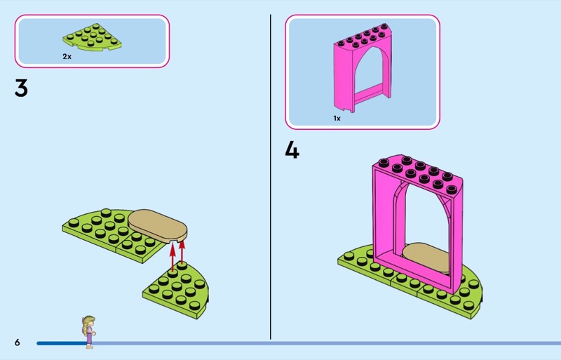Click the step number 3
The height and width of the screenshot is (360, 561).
coord(21,88)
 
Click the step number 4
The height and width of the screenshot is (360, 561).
coord(292,149)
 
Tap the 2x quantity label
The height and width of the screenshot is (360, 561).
coord(67,56)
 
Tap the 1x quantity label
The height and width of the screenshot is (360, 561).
coord(337,118)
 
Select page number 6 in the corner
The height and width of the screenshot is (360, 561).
coord(18,342)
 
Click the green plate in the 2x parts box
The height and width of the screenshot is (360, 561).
coord(93,36)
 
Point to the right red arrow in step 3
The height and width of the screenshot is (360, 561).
coord(182,253)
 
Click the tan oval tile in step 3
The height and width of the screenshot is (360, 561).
coord(157,226)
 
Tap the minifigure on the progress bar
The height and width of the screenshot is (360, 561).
coord(89,332)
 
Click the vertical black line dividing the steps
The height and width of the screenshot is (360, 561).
coord(271,177)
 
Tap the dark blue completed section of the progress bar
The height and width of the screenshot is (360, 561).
coord(62,343)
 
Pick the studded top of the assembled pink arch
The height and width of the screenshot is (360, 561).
coord(417,172)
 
